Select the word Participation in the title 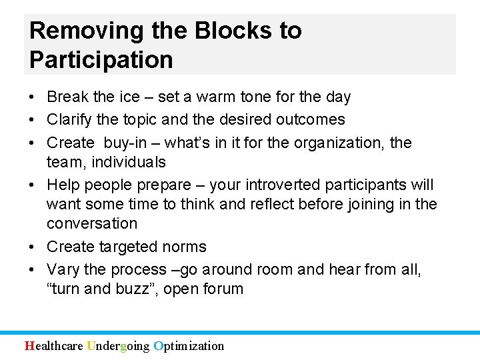click(101, 59)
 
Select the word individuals click(129, 162)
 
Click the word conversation click(91, 223)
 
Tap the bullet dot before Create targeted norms click(33, 247)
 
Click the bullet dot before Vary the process click(33, 269)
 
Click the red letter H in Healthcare click(29, 345)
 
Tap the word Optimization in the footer click(189, 345)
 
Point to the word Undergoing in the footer click(118, 345)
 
